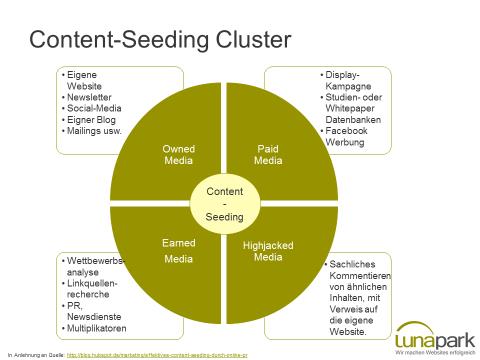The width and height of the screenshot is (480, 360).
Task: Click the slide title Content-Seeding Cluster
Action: (x=160, y=40)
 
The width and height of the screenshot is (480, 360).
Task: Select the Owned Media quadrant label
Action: (x=178, y=154)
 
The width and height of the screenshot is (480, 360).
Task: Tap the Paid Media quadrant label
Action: (x=268, y=154)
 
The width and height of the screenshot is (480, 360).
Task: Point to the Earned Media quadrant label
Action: (x=178, y=251)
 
